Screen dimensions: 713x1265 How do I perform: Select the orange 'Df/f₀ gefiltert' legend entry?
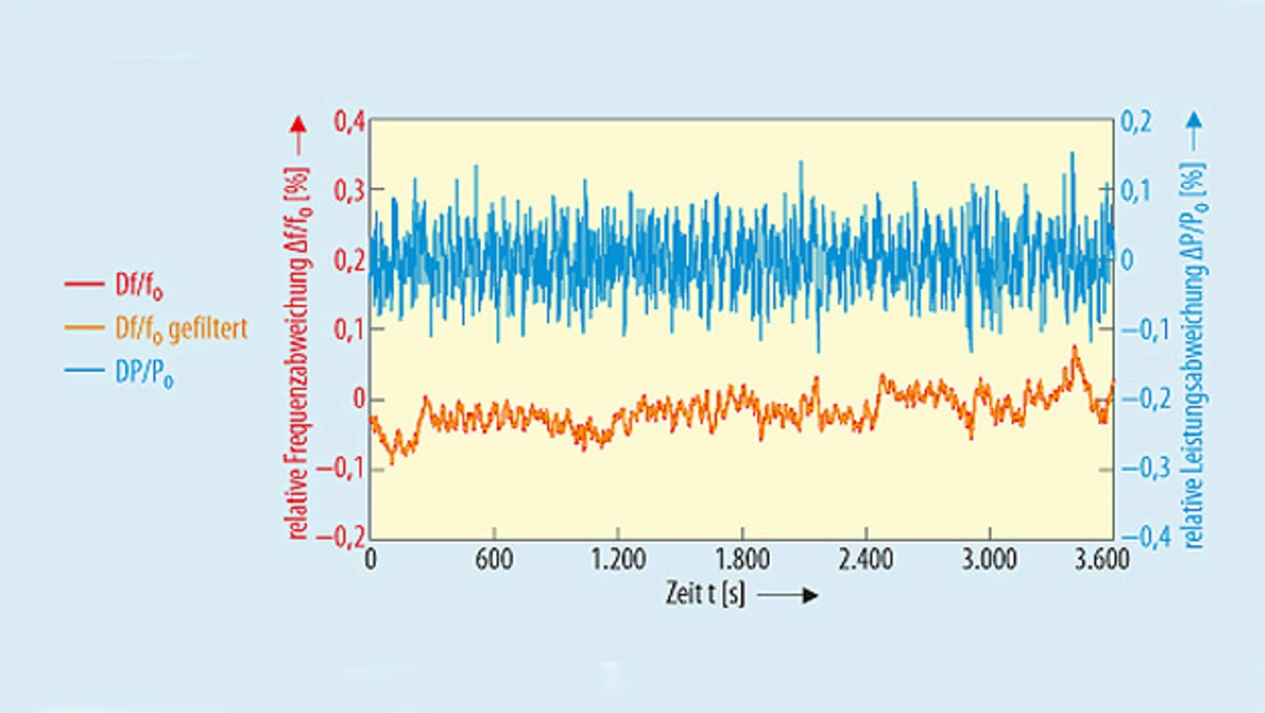(x=153, y=329)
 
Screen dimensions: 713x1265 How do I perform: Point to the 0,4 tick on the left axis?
(x=350, y=122)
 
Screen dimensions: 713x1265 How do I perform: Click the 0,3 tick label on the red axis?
(x=350, y=191)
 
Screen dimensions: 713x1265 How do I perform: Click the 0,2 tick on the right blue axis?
(x=1137, y=122)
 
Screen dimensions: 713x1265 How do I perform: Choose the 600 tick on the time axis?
(x=494, y=560)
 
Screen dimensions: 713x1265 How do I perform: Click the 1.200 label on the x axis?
(x=618, y=560)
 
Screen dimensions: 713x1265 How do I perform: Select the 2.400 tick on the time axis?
(x=866, y=560)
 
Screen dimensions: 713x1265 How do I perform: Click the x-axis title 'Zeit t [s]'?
(x=706, y=595)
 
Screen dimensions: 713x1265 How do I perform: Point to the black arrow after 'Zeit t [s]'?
(x=789, y=596)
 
